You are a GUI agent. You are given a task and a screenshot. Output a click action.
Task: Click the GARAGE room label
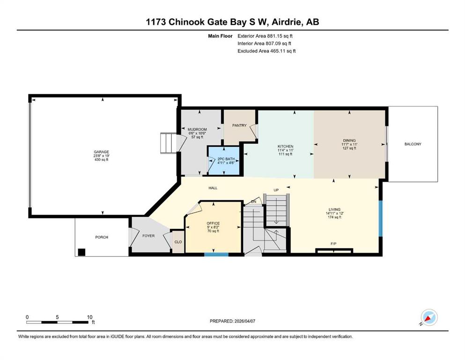click(102, 152)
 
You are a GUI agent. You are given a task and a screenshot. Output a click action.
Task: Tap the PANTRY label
click(239, 126)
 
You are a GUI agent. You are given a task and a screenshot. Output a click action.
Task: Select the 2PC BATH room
click(224, 161)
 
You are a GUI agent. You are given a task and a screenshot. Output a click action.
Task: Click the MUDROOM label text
click(197, 129)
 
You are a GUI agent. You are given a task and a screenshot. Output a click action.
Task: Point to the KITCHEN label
click(285, 146)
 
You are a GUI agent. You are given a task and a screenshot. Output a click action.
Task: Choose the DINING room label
click(349, 140)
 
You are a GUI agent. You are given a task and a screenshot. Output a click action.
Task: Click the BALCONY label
click(413, 144)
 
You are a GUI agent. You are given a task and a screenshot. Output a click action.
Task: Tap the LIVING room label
click(334, 209)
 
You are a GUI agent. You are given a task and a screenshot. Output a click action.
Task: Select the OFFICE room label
click(213, 223)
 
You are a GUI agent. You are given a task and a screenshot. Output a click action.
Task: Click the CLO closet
click(178, 242)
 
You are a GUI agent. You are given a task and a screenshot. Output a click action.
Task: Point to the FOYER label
click(148, 236)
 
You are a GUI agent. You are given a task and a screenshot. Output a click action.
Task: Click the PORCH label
click(102, 237)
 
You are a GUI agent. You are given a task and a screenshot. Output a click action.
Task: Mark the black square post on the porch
click(81, 252)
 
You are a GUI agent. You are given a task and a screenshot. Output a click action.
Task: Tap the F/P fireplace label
click(333, 244)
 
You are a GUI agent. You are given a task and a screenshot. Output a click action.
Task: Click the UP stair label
click(276, 190)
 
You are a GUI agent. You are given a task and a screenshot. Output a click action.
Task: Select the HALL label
click(213, 188)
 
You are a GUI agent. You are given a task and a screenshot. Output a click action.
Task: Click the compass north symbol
click(428, 318)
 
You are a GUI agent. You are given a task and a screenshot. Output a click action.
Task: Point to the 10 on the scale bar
click(89, 317)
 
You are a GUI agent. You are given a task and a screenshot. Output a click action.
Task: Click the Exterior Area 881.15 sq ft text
click(265, 36)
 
